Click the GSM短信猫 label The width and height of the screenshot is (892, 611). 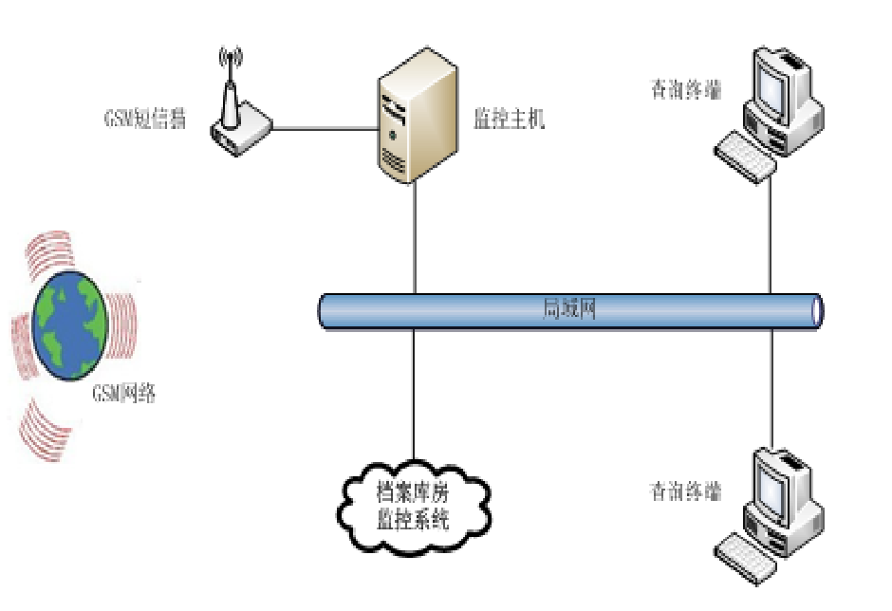[144, 119]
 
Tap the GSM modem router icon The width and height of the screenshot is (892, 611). [240, 129]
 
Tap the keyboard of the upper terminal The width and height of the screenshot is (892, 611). [745, 156]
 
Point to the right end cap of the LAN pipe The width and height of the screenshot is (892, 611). [816, 310]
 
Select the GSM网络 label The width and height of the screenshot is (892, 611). [123, 393]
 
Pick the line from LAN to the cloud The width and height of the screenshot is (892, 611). [415, 398]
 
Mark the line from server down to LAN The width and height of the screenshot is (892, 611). [415, 237]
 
